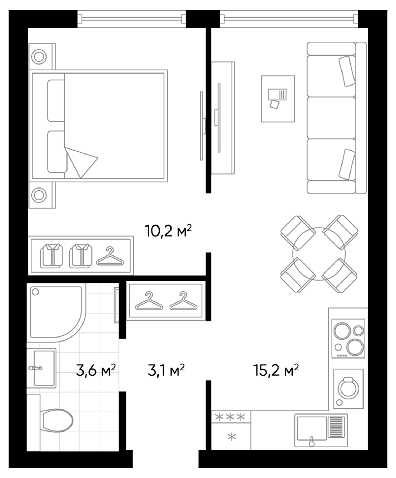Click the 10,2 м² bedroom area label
pyautogui.click(x=168, y=231)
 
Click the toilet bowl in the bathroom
pyautogui.click(x=57, y=420)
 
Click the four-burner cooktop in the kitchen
pyautogui.click(x=348, y=338)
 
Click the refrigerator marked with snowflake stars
pyautogui.click(x=231, y=430)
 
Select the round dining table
pyautogui.click(x=319, y=254)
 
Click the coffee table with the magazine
pyautogui.click(x=278, y=99)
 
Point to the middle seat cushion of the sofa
pyautogui.click(x=331, y=118)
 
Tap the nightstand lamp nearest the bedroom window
pyautogui.click(x=39, y=57)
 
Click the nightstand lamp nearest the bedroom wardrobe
pyautogui.click(x=39, y=195)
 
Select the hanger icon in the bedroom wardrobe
pyautogui.click(x=110, y=257)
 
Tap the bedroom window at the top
pyautogui.click(x=132, y=19)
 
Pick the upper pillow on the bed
pyautogui.click(x=56, y=101)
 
